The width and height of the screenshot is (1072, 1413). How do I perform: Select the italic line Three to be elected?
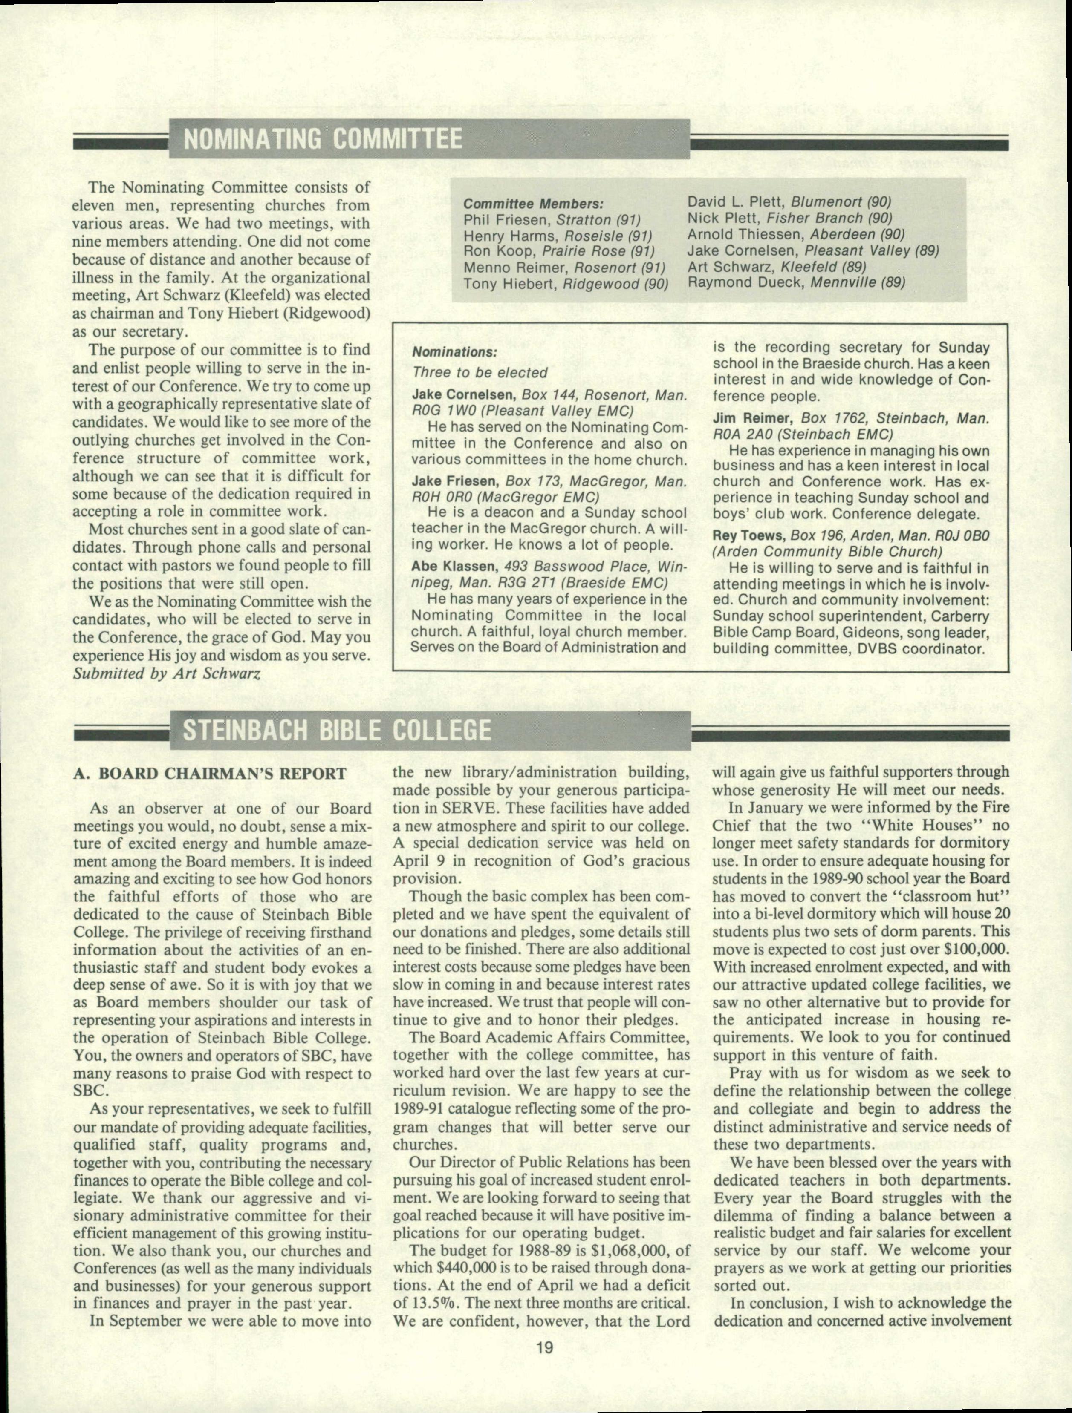pyautogui.click(x=480, y=372)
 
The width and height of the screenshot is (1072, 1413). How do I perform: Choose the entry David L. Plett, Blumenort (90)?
pyautogui.click(x=789, y=202)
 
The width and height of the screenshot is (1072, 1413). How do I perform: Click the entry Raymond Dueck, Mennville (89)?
pyautogui.click(x=796, y=282)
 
